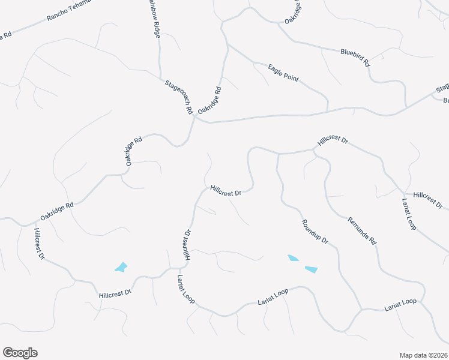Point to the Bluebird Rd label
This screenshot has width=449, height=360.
click(355, 56)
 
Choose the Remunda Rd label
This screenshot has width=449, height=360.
click(362, 230)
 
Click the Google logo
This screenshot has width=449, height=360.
click(20, 353)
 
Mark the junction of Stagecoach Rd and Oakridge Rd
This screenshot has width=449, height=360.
click(194, 118)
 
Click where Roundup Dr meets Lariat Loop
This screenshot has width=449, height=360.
click(361, 310)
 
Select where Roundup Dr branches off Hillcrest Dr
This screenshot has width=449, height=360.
click(277, 154)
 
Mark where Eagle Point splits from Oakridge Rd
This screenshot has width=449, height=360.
click(227, 43)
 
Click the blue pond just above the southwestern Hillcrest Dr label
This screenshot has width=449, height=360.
click(121, 267)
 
